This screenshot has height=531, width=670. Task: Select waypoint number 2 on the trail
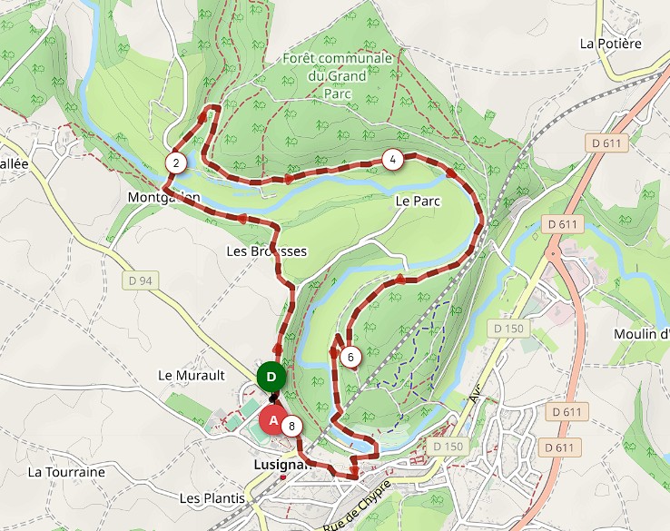click(176, 163)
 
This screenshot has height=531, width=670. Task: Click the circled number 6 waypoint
click(350, 357)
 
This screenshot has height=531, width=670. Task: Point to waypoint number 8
click(291, 426)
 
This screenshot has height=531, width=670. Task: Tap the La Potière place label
click(610, 43)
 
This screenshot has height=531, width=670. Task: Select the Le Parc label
click(418, 201)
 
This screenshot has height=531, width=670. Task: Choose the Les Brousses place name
click(267, 251)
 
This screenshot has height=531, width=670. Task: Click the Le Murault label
click(191, 374)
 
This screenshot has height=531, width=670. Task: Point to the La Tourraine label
click(66, 472)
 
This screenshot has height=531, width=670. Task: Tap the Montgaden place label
click(163, 197)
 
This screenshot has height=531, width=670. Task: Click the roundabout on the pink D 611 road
click(552, 254)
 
